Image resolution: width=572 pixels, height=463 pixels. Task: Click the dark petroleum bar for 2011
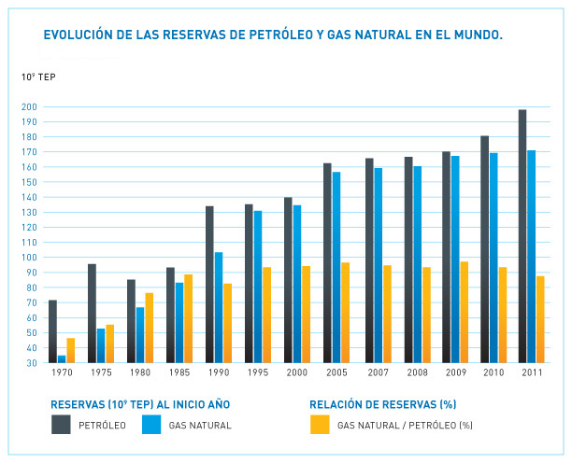point(522,236)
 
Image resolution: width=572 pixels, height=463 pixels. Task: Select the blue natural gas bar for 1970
point(62,358)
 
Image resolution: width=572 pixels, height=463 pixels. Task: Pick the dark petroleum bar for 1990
point(210,284)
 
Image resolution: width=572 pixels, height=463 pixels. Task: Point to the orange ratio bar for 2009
point(464,312)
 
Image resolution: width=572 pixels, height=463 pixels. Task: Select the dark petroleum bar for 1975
point(92,313)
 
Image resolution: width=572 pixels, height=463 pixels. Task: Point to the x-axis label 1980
point(140,372)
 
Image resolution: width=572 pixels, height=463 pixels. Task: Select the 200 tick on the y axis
point(30,107)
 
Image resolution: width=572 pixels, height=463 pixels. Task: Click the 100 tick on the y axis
point(30,258)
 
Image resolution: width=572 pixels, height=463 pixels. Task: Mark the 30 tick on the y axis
point(32,362)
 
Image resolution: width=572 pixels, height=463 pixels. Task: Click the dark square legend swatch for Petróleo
point(62,425)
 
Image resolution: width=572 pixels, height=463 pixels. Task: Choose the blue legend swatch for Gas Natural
point(152,425)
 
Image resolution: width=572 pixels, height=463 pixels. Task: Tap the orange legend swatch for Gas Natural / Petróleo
point(320,425)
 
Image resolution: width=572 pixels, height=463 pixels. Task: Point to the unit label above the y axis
point(38,77)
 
